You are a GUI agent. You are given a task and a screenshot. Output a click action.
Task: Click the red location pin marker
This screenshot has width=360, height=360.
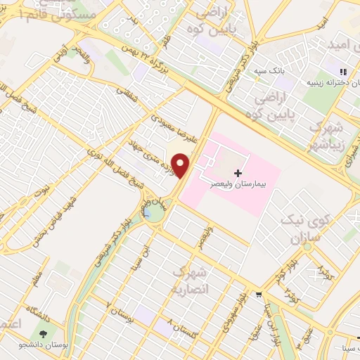[181, 165]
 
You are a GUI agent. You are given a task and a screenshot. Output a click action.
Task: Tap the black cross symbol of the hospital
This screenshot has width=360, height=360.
[238, 172]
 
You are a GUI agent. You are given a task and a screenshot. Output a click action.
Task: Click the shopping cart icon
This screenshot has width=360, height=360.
[259, 294]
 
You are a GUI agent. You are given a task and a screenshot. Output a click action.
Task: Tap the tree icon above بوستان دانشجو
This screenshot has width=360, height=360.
[44, 335]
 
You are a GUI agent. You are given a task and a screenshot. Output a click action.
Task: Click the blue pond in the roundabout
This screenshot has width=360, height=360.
[151, 214]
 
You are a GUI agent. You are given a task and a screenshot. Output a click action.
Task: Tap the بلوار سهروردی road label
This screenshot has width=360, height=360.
[235, 307]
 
